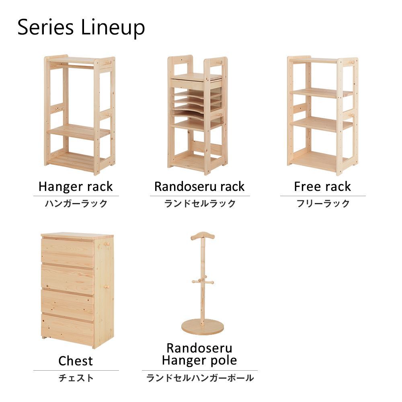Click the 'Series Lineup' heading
click(x=81, y=28)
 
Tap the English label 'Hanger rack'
click(x=76, y=187)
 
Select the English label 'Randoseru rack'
click(x=199, y=187)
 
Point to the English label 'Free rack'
click(x=322, y=187)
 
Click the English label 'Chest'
click(x=76, y=361)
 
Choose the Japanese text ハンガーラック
click(x=76, y=203)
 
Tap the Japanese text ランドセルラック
click(x=200, y=203)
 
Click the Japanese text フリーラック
click(x=323, y=203)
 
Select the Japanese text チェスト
click(x=76, y=378)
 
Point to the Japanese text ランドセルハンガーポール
click(x=200, y=378)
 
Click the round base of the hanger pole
click(x=203, y=327)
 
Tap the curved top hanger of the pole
click(x=203, y=236)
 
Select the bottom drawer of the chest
click(x=68, y=330)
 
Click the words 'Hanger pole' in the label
click(x=199, y=361)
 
